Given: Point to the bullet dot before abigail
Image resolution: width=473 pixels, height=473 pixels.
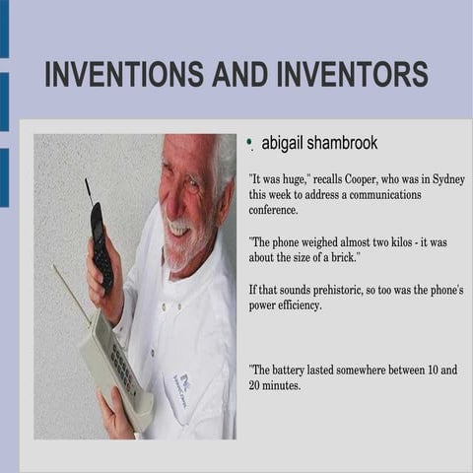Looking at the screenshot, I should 251,142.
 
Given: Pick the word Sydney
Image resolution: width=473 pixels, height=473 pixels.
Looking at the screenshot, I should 448,180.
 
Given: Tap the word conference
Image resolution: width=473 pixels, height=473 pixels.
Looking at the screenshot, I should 281,210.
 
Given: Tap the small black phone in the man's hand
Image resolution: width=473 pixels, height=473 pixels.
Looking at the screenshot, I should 100,246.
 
